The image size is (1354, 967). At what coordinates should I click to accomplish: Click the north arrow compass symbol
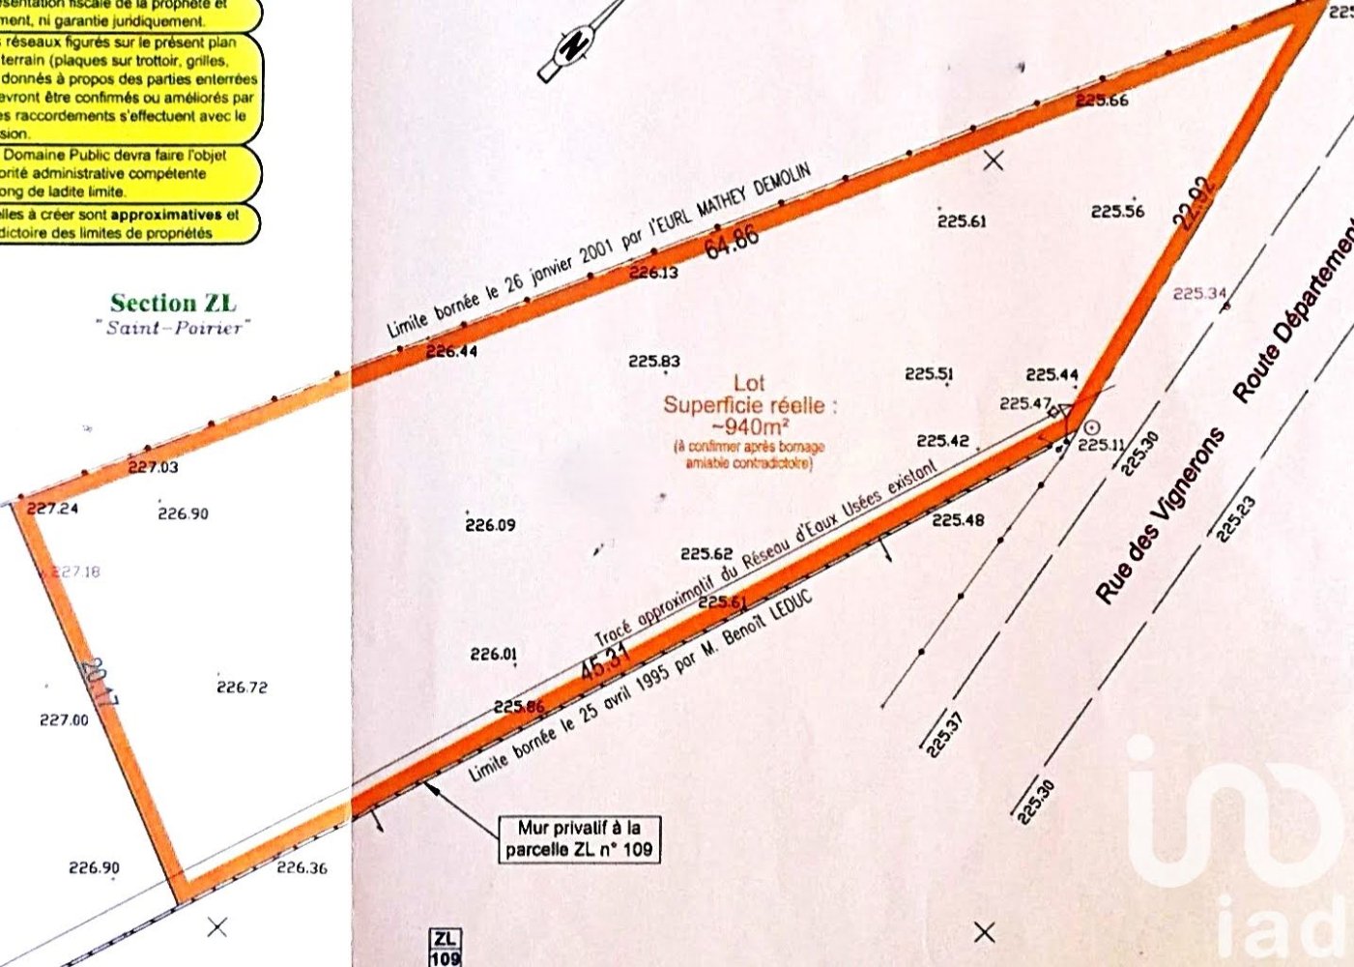576,44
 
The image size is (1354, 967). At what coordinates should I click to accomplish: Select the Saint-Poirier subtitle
173,328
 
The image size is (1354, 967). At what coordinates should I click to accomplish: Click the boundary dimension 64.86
732,240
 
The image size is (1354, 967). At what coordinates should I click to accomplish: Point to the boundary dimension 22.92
1195,203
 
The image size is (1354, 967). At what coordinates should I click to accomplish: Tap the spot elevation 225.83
654,362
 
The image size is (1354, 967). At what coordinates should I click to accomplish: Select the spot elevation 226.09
490,526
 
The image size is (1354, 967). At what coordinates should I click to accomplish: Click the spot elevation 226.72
242,688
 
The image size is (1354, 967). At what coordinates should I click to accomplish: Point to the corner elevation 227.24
52,509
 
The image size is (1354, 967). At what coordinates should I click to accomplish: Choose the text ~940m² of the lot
750,425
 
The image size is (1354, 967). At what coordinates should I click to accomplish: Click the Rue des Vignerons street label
1159,516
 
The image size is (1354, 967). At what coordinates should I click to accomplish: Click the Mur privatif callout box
579,838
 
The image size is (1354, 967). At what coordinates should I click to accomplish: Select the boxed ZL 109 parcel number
445,948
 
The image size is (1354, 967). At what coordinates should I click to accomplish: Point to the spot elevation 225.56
1117,212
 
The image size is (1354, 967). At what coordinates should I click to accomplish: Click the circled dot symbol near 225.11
1091,426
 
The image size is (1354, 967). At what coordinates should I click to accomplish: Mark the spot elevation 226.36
302,868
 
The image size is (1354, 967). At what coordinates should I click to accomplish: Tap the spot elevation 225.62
706,554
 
